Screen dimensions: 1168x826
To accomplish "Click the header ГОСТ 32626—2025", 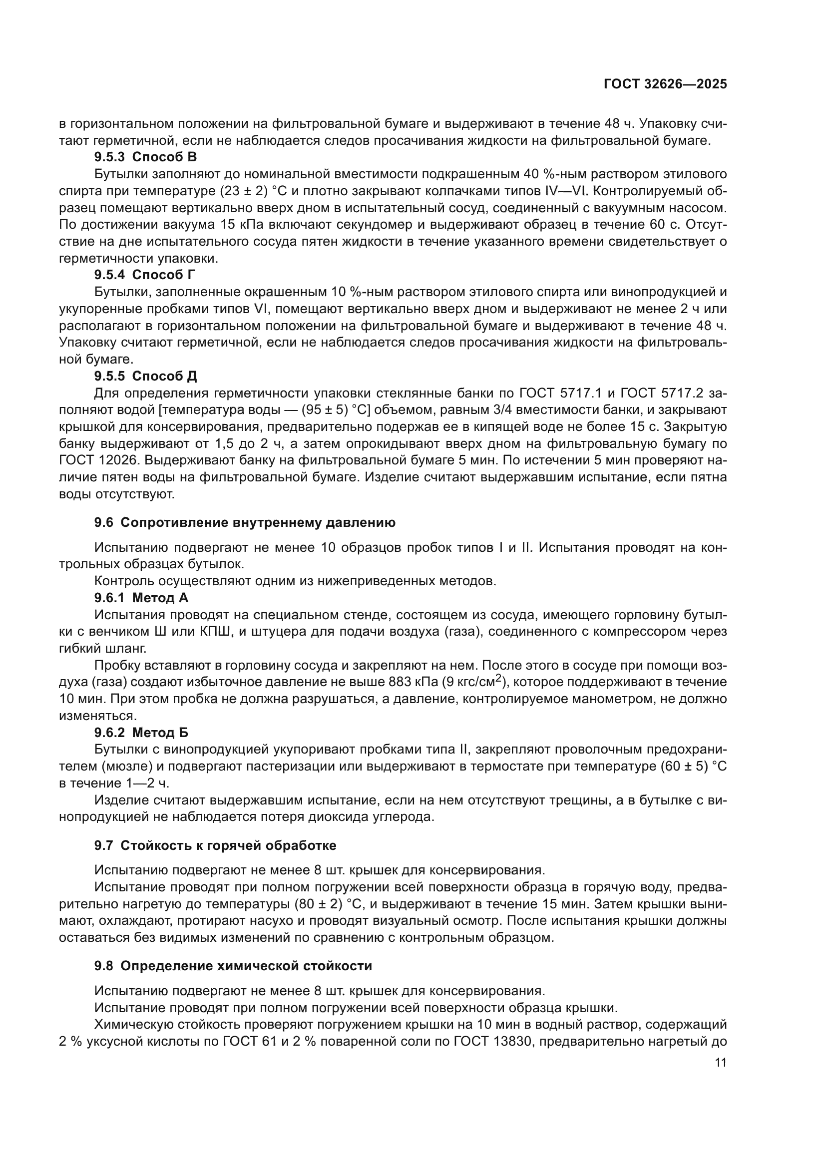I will click(x=665, y=84).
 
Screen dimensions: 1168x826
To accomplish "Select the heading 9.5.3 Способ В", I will click(x=145, y=157).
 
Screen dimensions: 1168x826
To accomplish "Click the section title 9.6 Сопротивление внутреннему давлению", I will click(x=245, y=522).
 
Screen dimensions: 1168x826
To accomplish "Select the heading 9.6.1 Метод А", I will click(x=141, y=598).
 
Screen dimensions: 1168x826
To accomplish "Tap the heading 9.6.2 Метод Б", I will click(x=141, y=733).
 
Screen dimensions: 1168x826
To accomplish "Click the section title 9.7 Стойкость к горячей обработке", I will click(x=215, y=845).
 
